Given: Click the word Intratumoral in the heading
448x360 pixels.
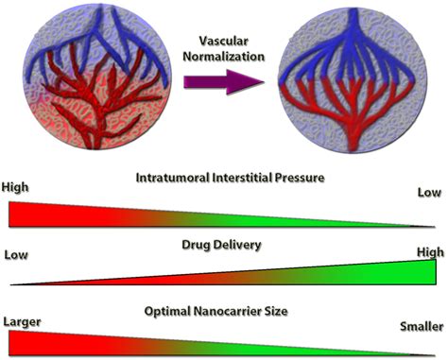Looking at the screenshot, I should pyautogui.click(x=172, y=178).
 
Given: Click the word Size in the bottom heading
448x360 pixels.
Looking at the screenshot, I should pyautogui.click(x=284, y=312).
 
